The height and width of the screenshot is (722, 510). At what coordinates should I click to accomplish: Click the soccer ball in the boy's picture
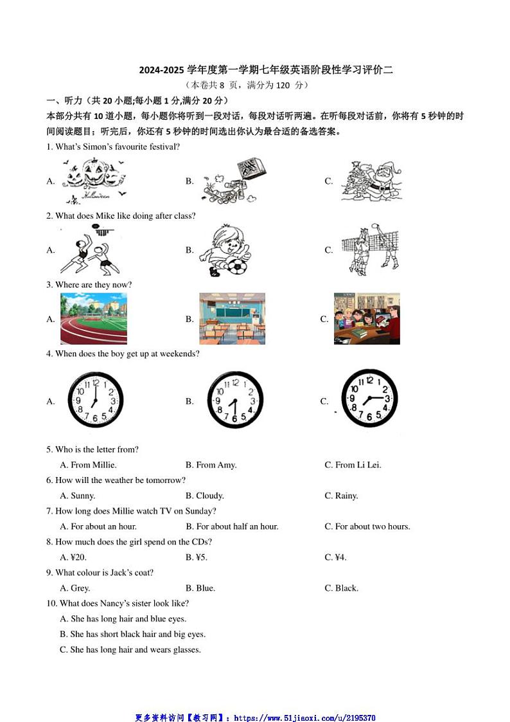[236, 266]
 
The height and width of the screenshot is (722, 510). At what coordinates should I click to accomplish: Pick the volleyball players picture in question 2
[371, 249]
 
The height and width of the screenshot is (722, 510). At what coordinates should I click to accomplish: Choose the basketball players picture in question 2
[91, 249]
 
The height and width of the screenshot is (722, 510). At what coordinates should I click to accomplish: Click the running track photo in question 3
[94, 319]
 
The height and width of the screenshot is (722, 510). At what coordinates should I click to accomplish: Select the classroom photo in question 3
[232, 319]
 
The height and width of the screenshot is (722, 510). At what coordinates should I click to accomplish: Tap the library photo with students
[367, 319]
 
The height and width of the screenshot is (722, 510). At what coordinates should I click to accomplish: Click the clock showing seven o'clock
[95, 401]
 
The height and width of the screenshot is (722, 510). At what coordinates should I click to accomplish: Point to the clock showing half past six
[235, 401]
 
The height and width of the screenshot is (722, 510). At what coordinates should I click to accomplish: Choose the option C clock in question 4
[369, 399]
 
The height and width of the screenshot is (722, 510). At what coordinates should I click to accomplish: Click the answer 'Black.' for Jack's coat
[346, 588]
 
